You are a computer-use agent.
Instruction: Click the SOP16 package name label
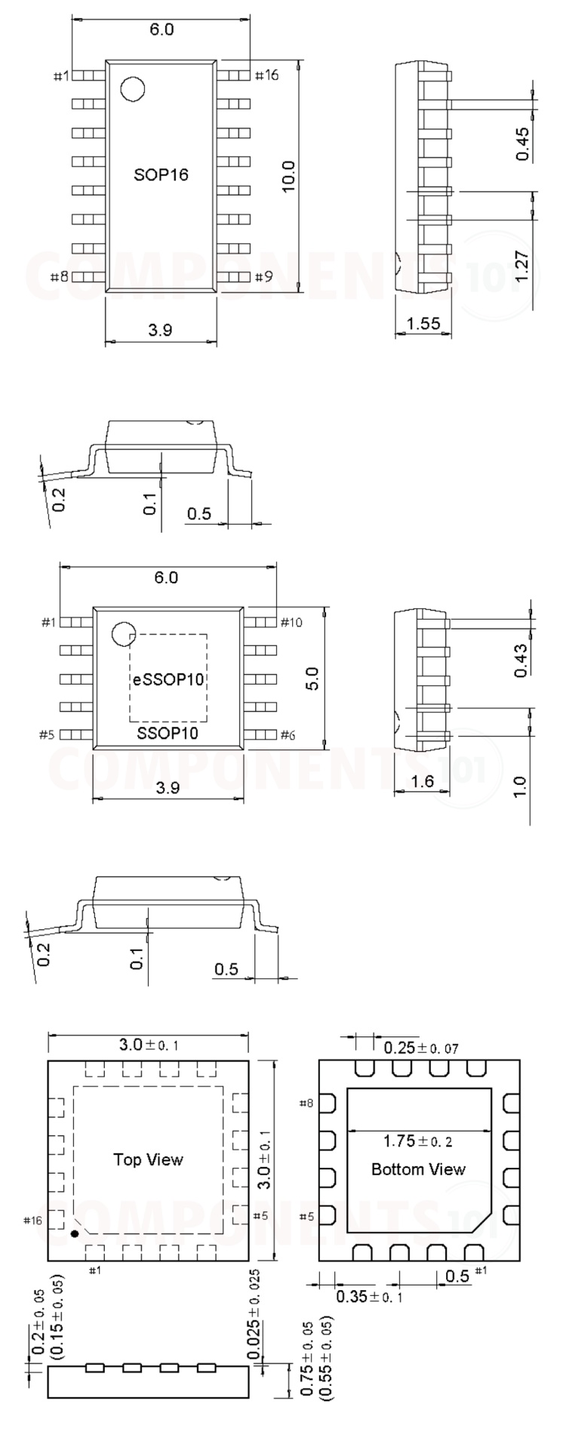[161, 175]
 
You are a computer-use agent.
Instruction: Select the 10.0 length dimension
[288, 176]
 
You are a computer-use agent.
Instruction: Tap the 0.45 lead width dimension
[523, 143]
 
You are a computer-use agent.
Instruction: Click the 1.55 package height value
[423, 324]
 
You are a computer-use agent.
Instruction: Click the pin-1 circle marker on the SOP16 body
[133, 89]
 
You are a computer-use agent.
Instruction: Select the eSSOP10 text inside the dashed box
[168, 679]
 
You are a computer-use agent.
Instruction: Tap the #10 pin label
[291, 622]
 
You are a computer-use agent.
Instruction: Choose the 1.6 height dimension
[423, 780]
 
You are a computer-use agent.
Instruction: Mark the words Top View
[148, 1159]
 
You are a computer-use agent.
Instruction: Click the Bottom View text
[418, 1169]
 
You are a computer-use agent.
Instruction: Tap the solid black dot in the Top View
[74, 1233]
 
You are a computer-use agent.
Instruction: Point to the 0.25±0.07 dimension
[420, 1048]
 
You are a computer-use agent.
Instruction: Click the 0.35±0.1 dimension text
[369, 1297]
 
